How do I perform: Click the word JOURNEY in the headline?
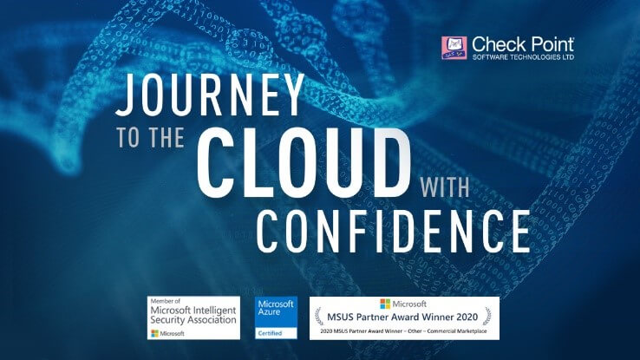pyautogui.click(x=210, y=95)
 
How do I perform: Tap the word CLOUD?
pyautogui.click(x=304, y=162)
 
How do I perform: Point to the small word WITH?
pyautogui.click(x=445, y=187)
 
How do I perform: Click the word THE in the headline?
pyautogui.click(x=167, y=137)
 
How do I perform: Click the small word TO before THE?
pyautogui.click(x=128, y=137)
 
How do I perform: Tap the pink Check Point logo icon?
pyautogui.click(x=454, y=48)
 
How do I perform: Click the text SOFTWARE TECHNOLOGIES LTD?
pyautogui.click(x=523, y=56)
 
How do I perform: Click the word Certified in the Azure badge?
pyautogui.click(x=270, y=333)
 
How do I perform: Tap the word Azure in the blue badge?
pyautogui.click(x=269, y=311)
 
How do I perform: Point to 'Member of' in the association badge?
pyautogui.click(x=166, y=301)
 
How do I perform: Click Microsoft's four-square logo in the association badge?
pyautogui.click(x=154, y=333)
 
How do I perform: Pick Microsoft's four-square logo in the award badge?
pyautogui.click(x=385, y=304)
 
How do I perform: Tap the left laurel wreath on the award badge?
pyautogui.click(x=319, y=317)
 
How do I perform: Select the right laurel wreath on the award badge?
pyautogui.click(x=487, y=317)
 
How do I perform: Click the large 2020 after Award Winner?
pyautogui.click(x=467, y=317)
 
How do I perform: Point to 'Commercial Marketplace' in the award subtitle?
pyautogui.click(x=457, y=331)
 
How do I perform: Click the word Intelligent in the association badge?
pyautogui.click(x=215, y=311)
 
